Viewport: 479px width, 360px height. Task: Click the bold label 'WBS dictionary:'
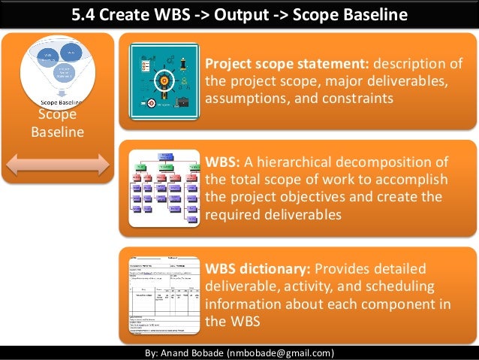[x=257, y=269]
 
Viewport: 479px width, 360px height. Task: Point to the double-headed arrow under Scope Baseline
[x=59, y=162]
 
